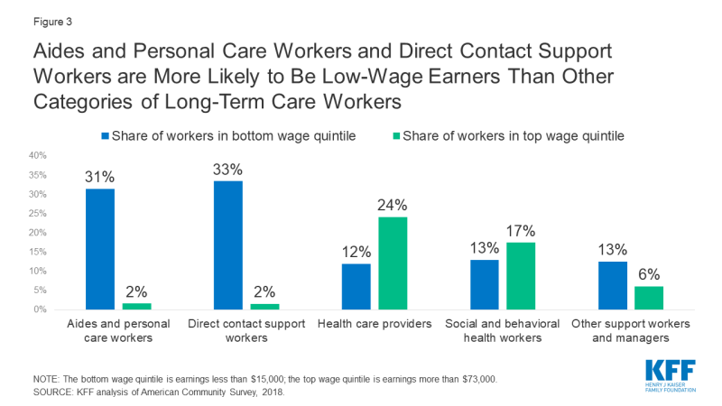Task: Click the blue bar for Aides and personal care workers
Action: pyautogui.click(x=99, y=249)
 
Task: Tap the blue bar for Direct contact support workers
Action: pyautogui.click(x=228, y=245)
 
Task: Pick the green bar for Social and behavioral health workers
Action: pyautogui.click(x=522, y=276)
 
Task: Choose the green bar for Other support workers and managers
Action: pyautogui.click(x=650, y=298)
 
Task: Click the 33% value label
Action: pyautogui.click(x=228, y=169)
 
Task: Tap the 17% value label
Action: pyautogui.click(x=522, y=230)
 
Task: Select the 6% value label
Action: pyautogui.click(x=650, y=273)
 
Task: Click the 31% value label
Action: pyautogui.click(x=99, y=177)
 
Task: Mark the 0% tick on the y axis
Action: pyautogui.click(x=39, y=309)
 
